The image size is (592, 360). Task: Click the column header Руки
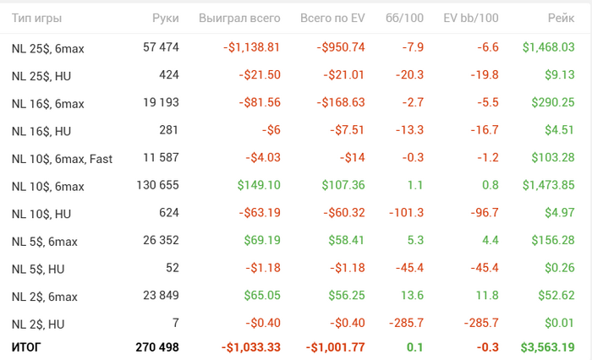click(x=165, y=18)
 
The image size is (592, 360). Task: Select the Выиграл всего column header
click(x=238, y=18)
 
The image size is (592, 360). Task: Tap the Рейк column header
click(x=560, y=18)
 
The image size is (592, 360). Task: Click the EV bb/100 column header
click(x=470, y=18)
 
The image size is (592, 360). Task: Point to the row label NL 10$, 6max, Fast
click(x=62, y=159)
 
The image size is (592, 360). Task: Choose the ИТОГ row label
click(x=25, y=347)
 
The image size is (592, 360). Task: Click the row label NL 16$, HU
click(x=38, y=131)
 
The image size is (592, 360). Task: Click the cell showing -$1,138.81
click(x=251, y=47)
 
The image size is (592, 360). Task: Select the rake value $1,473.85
click(x=548, y=185)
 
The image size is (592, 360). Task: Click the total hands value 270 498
click(x=157, y=347)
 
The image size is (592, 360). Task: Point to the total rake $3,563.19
click(x=548, y=347)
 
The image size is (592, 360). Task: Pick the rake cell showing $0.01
click(x=561, y=323)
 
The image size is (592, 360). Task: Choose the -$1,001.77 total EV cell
click(x=336, y=347)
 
